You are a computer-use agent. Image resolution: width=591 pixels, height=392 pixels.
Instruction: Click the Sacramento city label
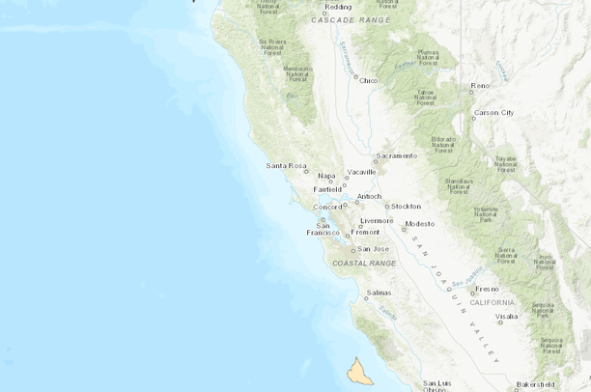[x=397, y=155]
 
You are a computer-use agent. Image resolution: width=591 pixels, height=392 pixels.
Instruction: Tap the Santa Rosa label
[x=286, y=165]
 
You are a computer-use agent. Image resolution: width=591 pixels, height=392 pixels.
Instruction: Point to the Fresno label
[x=486, y=289]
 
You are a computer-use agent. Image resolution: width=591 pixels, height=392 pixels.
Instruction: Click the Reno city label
[x=480, y=86]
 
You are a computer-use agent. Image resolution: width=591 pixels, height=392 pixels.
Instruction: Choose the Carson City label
[x=493, y=112]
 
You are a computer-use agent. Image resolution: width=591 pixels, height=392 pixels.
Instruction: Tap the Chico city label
[x=368, y=80]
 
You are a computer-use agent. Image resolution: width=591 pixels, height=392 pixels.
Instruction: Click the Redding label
[x=338, y=7]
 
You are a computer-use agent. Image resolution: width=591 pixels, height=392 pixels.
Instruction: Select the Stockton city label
[x=406, y=206]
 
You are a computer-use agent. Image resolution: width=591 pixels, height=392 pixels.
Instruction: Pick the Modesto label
[x=420, y=223]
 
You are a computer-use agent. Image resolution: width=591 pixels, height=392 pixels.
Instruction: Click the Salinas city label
[x=379, y=292]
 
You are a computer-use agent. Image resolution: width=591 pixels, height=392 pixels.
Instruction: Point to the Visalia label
[x=506, y=316]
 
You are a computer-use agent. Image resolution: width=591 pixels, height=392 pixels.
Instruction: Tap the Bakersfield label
[x=537, y=383]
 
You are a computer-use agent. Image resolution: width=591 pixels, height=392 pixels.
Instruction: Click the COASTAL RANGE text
[x=364, y=263]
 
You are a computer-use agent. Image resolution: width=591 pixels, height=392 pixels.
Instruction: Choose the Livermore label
[x=378, y=220]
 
